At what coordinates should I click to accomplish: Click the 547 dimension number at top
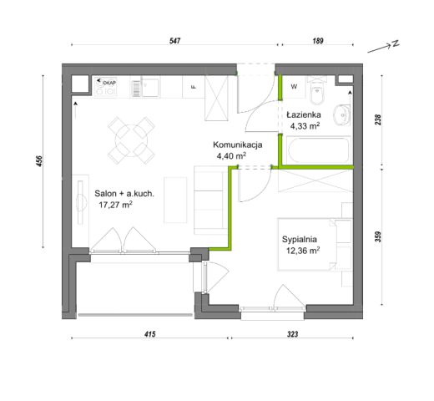175,41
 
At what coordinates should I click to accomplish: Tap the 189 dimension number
318,41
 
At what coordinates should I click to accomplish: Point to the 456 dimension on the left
39,161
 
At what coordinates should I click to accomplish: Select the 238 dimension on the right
378,119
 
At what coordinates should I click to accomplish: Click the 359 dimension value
378,236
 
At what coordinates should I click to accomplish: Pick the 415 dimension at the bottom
149,334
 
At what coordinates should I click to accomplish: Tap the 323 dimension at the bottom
292,334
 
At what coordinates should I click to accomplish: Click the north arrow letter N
396,43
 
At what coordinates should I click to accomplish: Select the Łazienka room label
304,114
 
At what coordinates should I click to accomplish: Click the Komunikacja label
238,145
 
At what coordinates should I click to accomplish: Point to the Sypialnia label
300,239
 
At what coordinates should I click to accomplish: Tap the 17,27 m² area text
115,205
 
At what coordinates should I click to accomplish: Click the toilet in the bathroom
317,90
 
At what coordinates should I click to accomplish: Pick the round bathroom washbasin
341,114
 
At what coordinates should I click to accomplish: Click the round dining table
131,140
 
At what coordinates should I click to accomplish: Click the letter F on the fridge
194,87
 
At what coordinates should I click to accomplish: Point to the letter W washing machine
294,87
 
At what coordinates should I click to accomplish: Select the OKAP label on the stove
109,83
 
